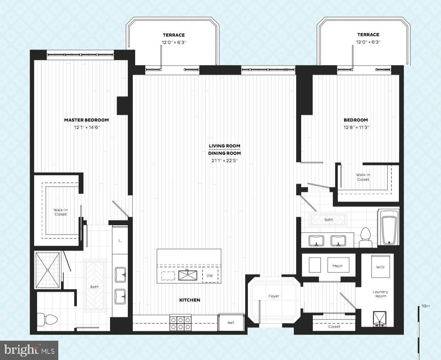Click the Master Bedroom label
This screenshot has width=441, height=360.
coord(86,120)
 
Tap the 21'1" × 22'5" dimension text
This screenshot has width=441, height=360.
coord(225,161)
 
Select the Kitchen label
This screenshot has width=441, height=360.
coord(190,300)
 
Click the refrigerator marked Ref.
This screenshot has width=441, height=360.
coord(231,323)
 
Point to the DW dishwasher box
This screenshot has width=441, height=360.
coord(210,275)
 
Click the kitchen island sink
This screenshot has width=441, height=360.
coord(188,275)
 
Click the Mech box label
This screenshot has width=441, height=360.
coord(338,266)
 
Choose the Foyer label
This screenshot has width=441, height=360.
coord(274,296)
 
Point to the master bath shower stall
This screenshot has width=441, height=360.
coord(48,270)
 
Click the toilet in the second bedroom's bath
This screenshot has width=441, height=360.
coord(365,237)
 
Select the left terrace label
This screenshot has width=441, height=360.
coord(173,35)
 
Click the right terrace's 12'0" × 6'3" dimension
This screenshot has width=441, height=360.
coord(368,42)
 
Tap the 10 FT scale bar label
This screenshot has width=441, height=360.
coord(425,306)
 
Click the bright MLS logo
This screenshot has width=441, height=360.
coord(29,350)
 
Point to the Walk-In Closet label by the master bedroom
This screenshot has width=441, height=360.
coord(60,212)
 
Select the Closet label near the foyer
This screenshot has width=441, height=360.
coord(334,326)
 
